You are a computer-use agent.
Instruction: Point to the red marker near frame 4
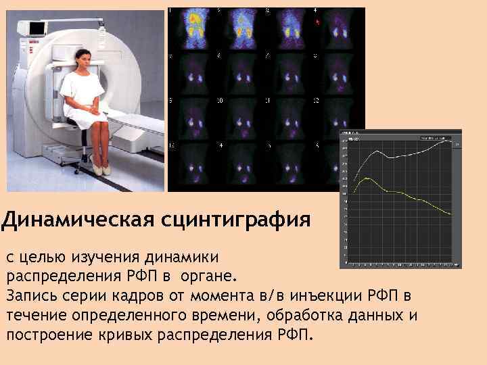(317, 22)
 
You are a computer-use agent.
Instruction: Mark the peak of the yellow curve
(366, 178)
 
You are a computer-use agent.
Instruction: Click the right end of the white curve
(449, 140)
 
